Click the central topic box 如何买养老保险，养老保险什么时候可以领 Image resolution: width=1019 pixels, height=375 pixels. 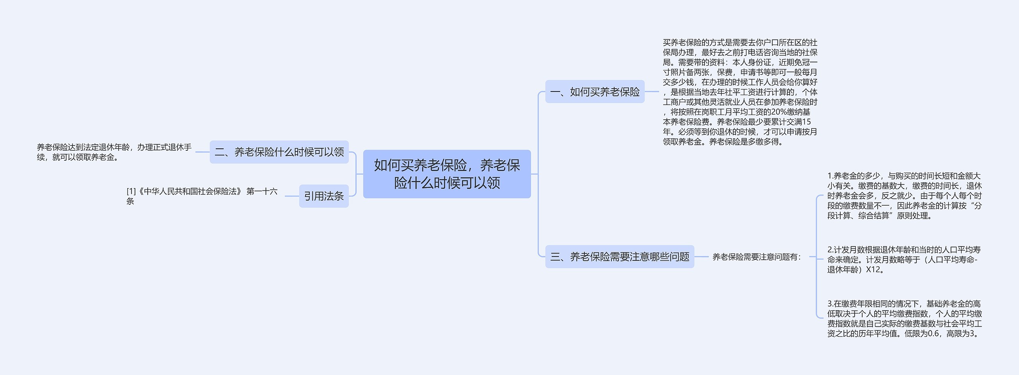447,174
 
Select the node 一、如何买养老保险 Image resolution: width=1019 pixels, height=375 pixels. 595,92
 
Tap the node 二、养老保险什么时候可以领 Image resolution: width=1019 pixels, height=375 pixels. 279,152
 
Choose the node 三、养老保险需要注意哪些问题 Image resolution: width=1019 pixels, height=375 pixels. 619,257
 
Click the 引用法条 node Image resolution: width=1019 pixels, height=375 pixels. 324,196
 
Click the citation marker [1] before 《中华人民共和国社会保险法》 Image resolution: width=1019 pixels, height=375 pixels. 131,192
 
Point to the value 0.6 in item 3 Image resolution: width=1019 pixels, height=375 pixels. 933,334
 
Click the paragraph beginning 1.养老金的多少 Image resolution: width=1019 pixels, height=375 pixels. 904,196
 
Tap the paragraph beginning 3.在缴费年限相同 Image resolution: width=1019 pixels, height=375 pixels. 904,319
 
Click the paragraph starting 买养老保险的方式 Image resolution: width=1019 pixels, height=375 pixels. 740,92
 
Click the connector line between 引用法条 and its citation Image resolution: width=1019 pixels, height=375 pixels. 292,196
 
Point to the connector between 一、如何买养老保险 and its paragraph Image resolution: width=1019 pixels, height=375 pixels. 652,92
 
